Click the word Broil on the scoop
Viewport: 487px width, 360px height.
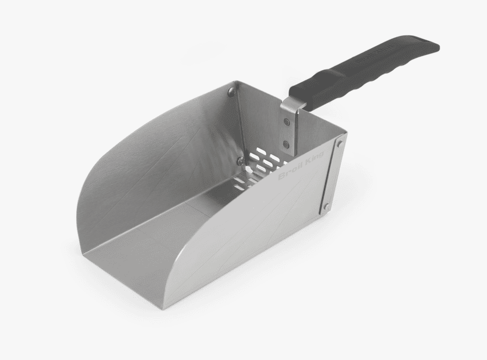[290, 175]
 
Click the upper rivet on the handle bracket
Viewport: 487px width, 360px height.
[286, 122]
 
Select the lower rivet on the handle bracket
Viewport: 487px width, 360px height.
[286, 144]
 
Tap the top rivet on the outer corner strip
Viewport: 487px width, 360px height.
[339, 144]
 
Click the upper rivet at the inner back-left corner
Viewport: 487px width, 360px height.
[231, 92]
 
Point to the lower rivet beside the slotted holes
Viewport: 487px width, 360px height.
[241, 161]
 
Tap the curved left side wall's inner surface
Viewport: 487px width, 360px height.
[158, 158]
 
